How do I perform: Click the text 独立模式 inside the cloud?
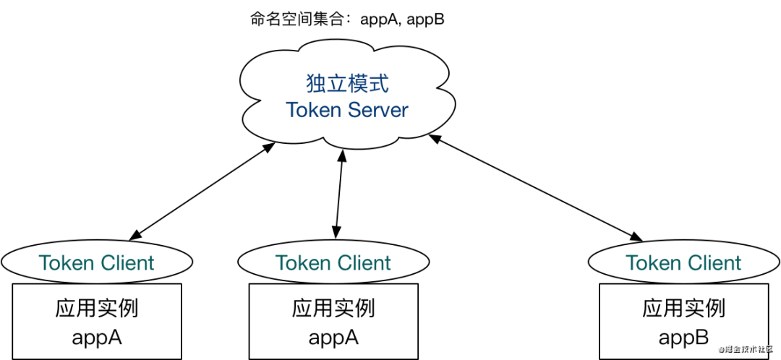click(347, 84)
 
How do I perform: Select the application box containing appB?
click(683, 322)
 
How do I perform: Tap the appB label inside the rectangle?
click(683, 336)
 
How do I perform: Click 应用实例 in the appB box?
click(683, 309)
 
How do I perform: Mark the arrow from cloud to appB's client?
click(535, 186)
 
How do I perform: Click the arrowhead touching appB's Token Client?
click(638, 236)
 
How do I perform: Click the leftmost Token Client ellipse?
click(97, 262)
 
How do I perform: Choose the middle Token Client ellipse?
click(333, 262)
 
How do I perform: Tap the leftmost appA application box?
click(97, 322)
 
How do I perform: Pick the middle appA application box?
click(333, 322)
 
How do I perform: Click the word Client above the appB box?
click(712, 262)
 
